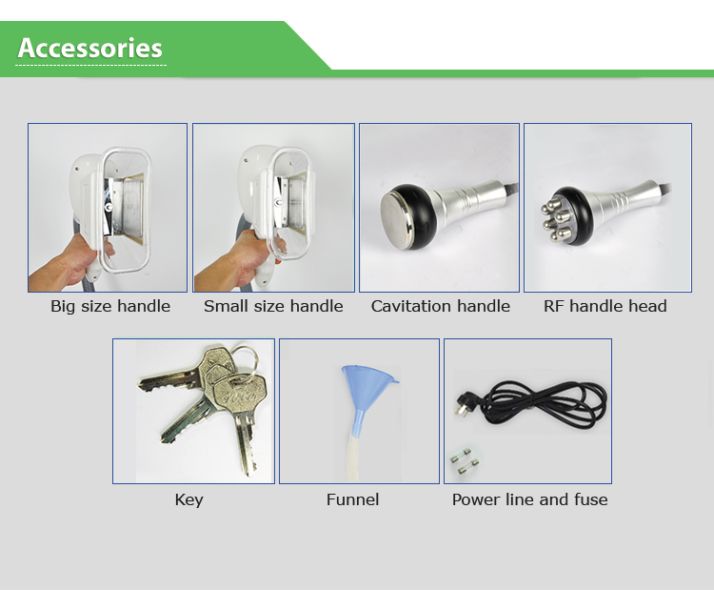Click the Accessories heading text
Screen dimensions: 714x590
click(89, 48)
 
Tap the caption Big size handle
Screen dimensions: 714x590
click(110, 306)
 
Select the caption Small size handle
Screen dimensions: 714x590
click(273, 306)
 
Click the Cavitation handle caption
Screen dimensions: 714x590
click(441, 306)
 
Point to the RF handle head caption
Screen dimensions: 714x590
click(605, 306)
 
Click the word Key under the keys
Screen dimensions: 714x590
click(189, 499)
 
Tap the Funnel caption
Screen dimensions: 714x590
click(352, 499)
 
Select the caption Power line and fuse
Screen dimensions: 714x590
click(529, 499)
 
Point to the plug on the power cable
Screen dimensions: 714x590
click(465, 404)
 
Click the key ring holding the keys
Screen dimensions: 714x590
click(245, 360)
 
